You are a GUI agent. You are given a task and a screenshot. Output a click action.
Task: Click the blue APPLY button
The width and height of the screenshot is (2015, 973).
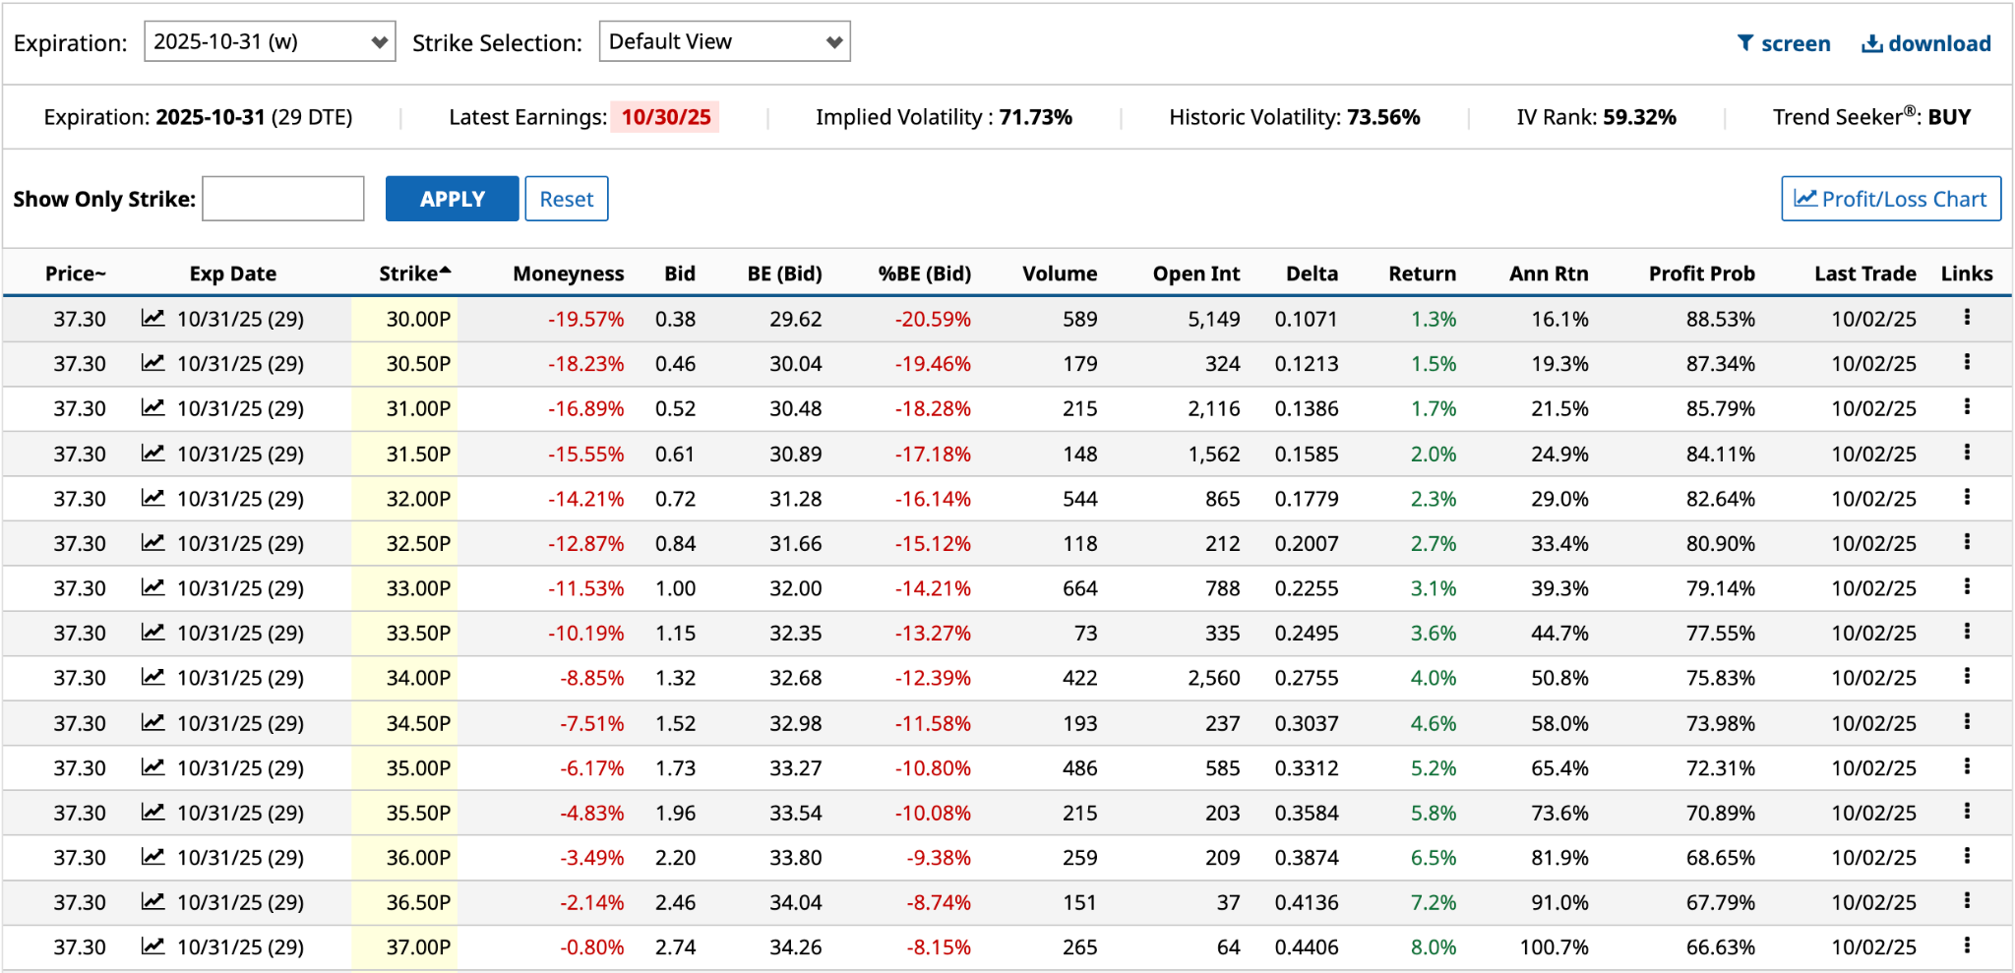[x=452, y=199]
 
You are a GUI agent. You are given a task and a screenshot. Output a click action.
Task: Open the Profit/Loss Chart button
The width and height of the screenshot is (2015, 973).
[x=1890, y=199]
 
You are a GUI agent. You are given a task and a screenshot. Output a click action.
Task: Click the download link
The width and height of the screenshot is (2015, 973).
[x=1925, y=43]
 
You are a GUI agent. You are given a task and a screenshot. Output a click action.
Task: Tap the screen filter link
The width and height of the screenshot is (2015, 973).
[x=1784, y=43]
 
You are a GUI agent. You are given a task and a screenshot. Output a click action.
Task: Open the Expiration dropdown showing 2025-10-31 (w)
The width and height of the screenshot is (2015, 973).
[x=270, y=41]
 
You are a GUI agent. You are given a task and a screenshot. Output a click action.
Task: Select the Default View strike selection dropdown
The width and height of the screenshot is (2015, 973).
[x=724, y=41]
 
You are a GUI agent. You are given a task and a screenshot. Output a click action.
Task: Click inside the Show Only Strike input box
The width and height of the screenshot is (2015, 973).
[x=283, y=199]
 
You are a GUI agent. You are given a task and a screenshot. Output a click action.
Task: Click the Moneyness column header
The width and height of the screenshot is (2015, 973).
[x=568, y=274]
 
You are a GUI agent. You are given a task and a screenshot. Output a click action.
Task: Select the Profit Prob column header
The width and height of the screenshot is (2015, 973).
[x=1701, y=274]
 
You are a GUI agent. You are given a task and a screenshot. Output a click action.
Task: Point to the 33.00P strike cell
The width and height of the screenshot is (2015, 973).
[x=418, y=588]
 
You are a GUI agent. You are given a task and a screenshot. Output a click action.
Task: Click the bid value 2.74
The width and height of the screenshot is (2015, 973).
[x=675, y=947]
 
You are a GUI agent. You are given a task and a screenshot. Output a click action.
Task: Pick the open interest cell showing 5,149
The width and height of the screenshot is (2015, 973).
[x=1213, y=319]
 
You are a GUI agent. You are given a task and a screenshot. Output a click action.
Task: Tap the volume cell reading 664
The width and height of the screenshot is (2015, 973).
[x=1079, y=588]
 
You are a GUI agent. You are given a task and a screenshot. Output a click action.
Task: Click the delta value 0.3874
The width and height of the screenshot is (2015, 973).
[x=1306, y=858]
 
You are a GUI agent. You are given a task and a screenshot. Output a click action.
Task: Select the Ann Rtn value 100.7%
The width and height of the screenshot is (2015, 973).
[x=1554, y=947]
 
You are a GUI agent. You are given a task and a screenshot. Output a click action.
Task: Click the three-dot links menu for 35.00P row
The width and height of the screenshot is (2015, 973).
[x=1967, y=766]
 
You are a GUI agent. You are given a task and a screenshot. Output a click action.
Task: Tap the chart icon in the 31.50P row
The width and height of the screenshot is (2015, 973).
[x=153, y=453]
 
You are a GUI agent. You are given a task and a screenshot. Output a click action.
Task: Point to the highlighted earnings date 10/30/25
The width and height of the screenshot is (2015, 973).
[x=665, y=117]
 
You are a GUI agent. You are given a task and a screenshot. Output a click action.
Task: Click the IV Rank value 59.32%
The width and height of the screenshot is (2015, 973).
[x=1639, y=117]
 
